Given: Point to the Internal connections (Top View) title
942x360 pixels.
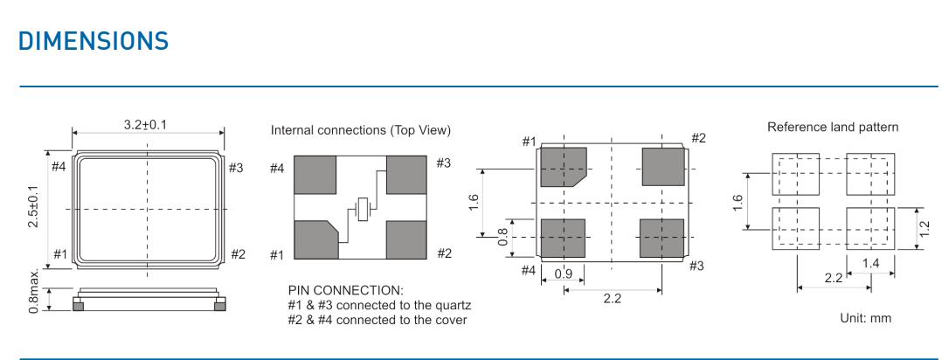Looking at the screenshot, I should click(361, 130).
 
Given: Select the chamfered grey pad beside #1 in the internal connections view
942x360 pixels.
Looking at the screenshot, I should click(315, 239).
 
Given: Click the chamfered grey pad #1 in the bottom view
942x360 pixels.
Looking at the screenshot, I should click(563, 166).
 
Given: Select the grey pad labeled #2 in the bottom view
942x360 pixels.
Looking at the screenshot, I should click(663, 166).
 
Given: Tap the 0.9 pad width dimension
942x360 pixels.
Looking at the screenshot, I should click(563, 273).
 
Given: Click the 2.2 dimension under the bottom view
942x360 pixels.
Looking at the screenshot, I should click(613, 298).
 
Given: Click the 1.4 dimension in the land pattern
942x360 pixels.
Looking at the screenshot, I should click(870, 263).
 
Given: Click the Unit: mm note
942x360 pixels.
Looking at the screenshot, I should click(866, 319).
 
